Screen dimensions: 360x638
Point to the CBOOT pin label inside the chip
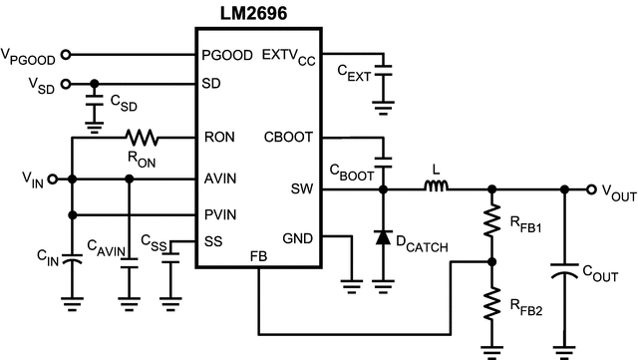(x=288, y=138)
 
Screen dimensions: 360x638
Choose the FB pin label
(x=258, y=257)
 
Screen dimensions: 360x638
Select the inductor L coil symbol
(x=435, y=185)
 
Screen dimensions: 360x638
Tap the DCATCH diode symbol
(x=383, y=237)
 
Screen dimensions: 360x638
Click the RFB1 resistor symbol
(x=489, y=222)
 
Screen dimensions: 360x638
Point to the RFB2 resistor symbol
(x=489, y=304)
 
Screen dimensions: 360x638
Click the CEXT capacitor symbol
(x=383, y=70)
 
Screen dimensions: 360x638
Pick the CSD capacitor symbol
(x=93, y=103)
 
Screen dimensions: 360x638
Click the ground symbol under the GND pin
(x=350, y=284)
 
